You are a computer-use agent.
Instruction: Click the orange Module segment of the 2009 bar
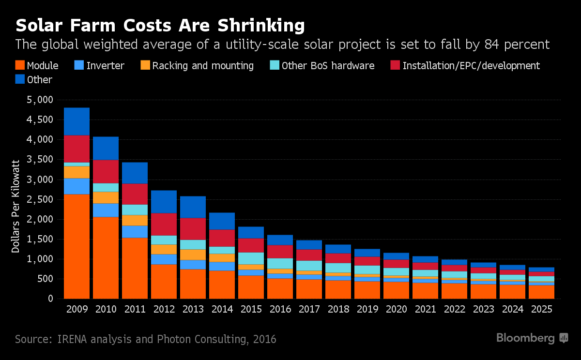[x=76, y=246]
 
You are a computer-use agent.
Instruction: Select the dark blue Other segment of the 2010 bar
[x=106, y=148]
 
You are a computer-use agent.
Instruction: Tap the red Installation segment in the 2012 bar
[x=164, y=224]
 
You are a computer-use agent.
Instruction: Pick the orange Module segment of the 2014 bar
[x=222, y=285]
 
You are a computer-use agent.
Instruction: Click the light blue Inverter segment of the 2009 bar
[x=76, y=186]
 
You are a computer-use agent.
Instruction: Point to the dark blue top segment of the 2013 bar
[x=193, y=207]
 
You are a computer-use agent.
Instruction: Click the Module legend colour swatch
[x=20, y=65]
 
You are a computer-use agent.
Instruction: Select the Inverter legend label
[x=105, y=65]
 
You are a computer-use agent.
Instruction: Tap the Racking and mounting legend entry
[x=203, y=65]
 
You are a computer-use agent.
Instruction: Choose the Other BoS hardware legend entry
[x=328, y=65]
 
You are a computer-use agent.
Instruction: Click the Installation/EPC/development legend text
[x=471, y=65]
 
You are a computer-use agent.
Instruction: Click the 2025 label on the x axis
[x=541, y=310]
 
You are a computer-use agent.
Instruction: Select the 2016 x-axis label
[x=280, y=310]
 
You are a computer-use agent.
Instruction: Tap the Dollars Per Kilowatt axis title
[x=15, y=206]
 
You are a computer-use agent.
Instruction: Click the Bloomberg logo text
[x=525, y=338]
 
